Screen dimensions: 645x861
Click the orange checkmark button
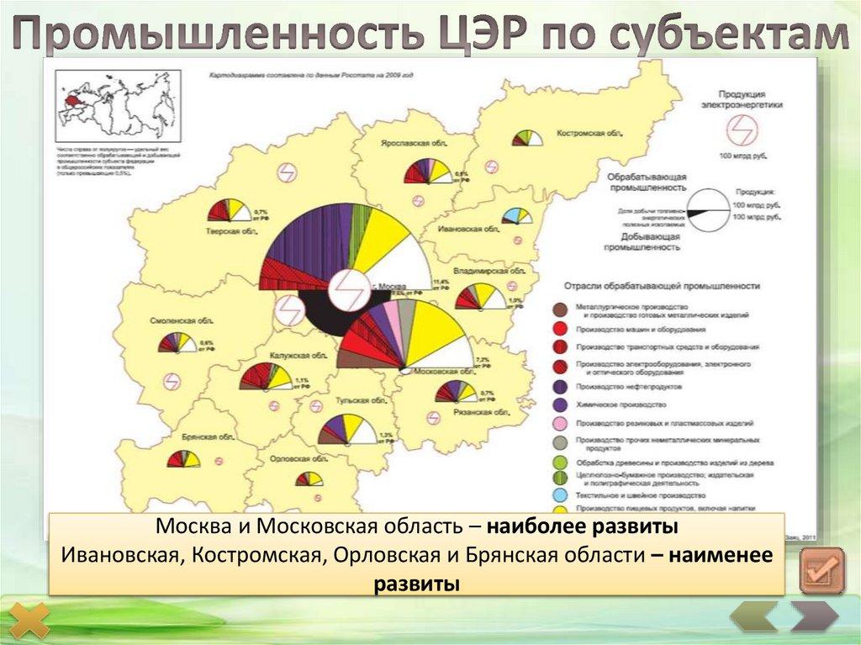821,571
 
